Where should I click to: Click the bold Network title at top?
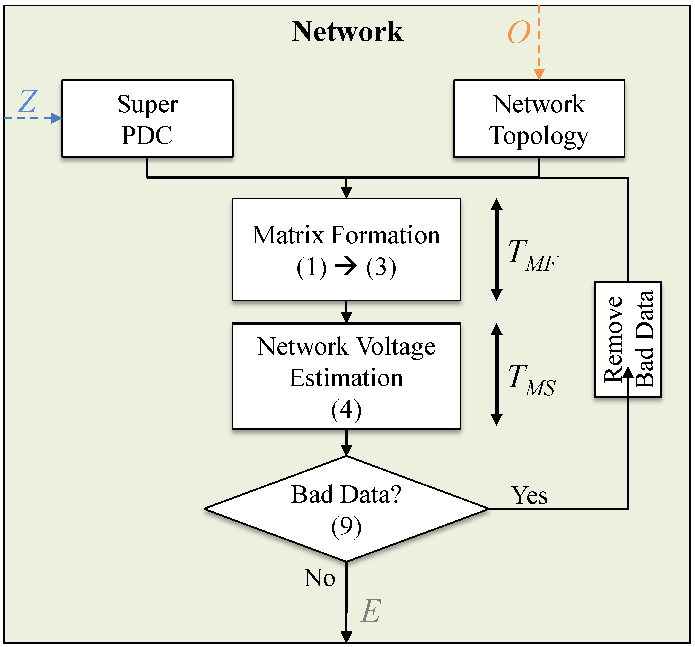coord(347,32)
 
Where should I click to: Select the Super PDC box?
coord(147,118)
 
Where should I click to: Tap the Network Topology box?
coord(539,118)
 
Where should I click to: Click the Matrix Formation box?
coord(346,250)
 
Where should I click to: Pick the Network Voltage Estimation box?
coord(346,376)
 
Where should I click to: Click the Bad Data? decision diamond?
coord(346,509)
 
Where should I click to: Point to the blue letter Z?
coord(28,101)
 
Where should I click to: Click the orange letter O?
coord(519,32)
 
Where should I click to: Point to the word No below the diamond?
coord(319,578)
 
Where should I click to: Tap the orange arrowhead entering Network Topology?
coord(539,74)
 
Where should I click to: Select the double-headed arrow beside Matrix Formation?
coord(496,250)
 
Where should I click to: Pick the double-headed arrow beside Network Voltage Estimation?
coord(496,374)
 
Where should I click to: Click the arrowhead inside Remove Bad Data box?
coord(628,372)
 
